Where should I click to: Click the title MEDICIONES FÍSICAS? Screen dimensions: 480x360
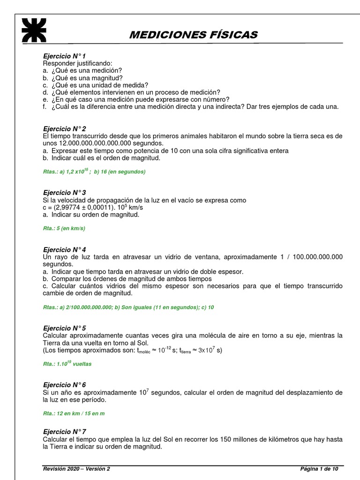[193, 35]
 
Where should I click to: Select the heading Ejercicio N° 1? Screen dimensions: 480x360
[65, 56]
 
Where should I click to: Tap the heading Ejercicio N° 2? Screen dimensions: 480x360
[65, 128]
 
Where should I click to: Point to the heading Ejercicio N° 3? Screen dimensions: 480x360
[65, 193]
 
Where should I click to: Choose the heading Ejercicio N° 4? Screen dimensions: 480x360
[65, 249]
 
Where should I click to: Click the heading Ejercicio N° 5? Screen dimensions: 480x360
[65, 328]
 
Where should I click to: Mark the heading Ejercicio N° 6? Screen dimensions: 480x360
[65, 384]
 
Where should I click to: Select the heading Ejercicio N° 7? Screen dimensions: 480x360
[65, 432]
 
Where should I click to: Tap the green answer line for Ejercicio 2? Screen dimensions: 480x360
[94, 172]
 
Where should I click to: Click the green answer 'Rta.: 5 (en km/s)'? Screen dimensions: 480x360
[64, 228]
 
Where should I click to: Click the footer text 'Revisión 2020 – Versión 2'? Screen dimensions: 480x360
[76, 469]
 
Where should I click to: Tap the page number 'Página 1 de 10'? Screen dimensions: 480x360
[319, 469]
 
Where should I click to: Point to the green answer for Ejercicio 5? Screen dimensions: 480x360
[67, 364]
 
